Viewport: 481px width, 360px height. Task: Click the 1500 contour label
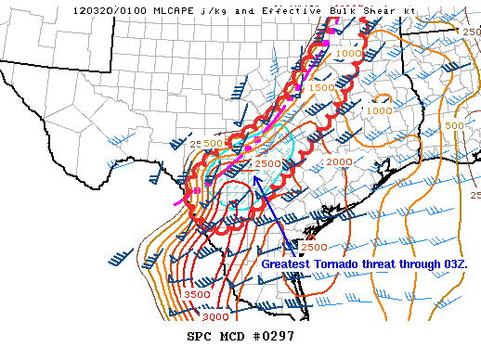click(321, 87)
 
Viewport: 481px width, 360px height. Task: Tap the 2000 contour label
click(340, 161)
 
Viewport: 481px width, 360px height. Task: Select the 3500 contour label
click(196, 294)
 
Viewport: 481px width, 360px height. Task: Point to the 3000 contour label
click(214, 316)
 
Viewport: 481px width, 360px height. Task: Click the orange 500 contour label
click(454, 125)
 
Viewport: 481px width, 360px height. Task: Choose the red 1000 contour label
click(349, 54)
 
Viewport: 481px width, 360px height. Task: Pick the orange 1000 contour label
click(378, 110)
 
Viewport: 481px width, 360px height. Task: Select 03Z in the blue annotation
click(455, 264)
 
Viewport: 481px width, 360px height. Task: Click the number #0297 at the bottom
click(272, 336)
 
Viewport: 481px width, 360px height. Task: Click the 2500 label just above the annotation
click(314, 247)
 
